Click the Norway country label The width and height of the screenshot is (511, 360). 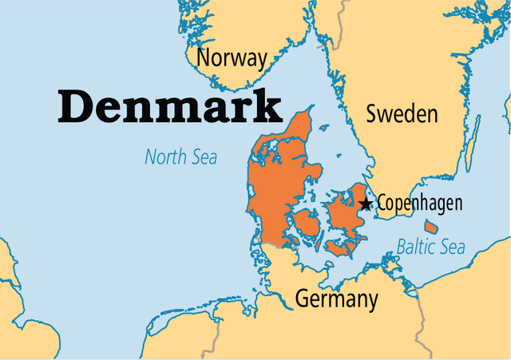point(232,58)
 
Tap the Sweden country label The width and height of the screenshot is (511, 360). point(402,113)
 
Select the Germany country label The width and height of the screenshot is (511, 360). point(336,299)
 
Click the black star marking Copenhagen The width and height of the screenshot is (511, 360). point(366,204)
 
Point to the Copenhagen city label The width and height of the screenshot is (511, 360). point(418,203)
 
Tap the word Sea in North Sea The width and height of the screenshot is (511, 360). point(203,157)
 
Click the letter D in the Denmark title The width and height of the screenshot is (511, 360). point(77,106)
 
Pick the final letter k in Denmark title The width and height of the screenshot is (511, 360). point(269,106)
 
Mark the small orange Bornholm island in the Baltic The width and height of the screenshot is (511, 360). point(454,227)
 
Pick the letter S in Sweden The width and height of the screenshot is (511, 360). point(372,113)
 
